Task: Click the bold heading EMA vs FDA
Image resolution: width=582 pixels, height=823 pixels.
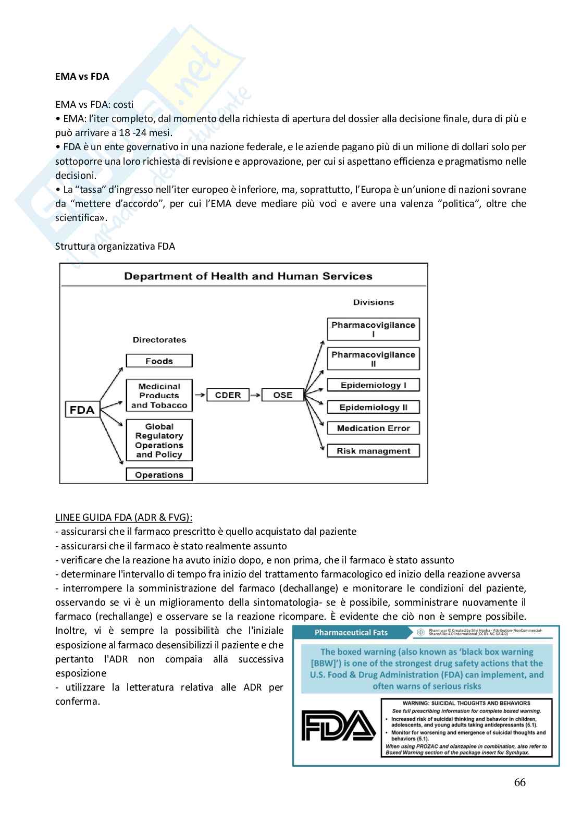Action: pyautogui.click(x=82, y=77)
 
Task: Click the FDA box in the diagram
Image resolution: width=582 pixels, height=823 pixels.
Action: pyautogui.click(x=82, y=410)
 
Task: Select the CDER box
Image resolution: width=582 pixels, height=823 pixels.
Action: pyautogui.click(x=228, y=395)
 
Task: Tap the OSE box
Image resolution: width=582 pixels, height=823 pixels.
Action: pyautogui.click(x=282, y=395)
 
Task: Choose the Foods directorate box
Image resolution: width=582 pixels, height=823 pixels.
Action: pyautogui.click(x=159, y=361)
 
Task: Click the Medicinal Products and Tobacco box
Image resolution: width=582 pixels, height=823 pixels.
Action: pyautogui.click(x=159, y=396)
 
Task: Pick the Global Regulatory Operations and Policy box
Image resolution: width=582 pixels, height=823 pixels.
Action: pyautogui.click(x=159, y=440)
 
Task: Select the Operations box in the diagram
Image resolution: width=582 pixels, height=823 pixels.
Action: pyautogui.click(x=159, y=475)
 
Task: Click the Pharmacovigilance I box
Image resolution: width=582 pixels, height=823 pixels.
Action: pyautogui.click(x=373, y=329)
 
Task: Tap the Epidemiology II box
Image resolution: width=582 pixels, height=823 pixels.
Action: pyautogui.click(x=373, y=408)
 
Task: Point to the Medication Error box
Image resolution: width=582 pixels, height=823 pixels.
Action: pyautogui.click(x=373, y=428)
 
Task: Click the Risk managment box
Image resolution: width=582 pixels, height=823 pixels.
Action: pyautogui.click(x=373, y=451)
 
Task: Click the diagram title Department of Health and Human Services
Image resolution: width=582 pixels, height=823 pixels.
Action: pyautogui.click(x=248, y=277)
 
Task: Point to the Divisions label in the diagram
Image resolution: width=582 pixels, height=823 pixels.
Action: pyautogui.click(x=373, y=302)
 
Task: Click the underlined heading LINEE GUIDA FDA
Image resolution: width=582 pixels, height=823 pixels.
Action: pyautogui.click(x=123, y=518)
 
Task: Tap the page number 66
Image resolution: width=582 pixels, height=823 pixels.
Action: pyautogui.click(x=519, y=782)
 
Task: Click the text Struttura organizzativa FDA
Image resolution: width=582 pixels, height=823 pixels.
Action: pyautogui.click(x=115, y=247)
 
